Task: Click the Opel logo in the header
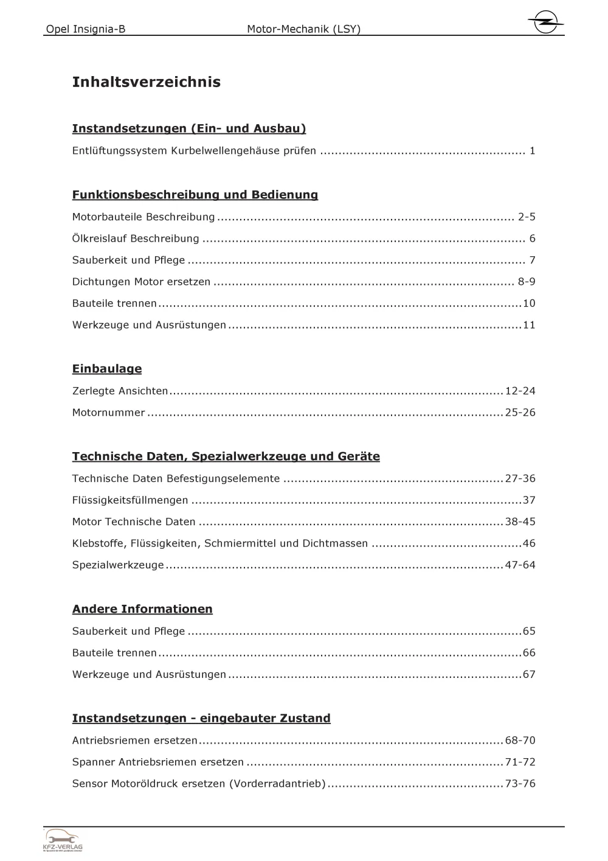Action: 545,23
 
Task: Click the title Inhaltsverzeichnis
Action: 146,82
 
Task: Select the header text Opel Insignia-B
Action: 86,29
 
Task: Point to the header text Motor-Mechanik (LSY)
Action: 303,29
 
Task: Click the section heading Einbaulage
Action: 107,369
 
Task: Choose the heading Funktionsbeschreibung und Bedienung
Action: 195,195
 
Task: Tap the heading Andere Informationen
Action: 142,609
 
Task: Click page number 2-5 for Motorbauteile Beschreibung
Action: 527,217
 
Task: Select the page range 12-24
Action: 520,391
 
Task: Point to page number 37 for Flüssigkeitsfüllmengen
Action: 529,500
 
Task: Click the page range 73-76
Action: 520,784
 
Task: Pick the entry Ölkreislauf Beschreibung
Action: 136,239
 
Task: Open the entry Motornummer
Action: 108,413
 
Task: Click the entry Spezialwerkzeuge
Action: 118,565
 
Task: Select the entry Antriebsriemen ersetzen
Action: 134,741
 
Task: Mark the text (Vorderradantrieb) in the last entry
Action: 277,784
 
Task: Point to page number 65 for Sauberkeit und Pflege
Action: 529,631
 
